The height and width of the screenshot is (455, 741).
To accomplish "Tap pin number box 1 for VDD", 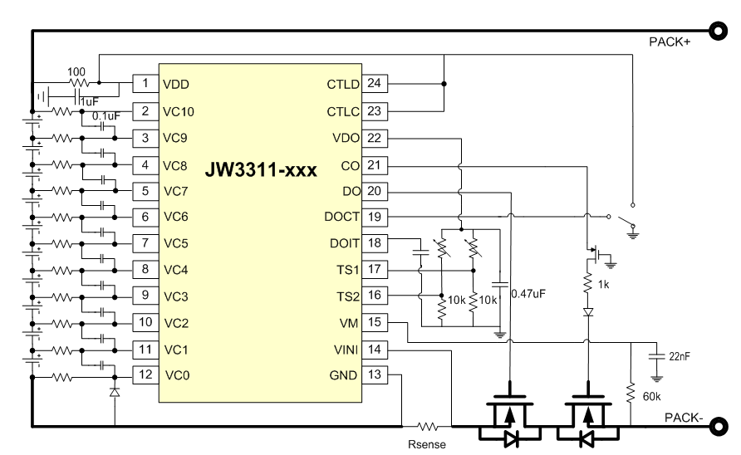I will (145, 84).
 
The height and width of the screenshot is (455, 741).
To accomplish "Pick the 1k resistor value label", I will (604, 283).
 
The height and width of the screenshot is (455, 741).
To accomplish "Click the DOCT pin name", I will (344, 217).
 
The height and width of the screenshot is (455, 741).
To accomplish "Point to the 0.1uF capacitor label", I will (106, 115).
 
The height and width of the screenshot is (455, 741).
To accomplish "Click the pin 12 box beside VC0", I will (145, 375).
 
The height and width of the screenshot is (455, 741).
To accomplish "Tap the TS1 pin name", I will (349, 270).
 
